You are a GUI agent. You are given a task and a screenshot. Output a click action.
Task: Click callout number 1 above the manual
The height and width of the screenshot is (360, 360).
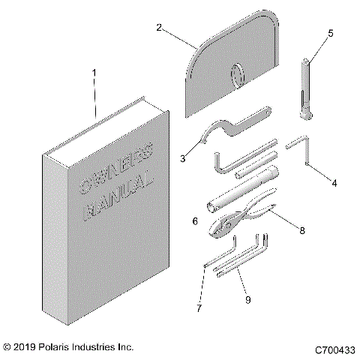click(94, 73)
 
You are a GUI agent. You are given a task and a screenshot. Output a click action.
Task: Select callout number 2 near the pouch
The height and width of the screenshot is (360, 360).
click(159, 27)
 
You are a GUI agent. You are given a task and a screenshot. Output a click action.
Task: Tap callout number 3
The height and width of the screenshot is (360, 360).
click(183, 159)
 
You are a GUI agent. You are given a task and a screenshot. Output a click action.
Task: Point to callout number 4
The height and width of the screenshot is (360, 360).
click(334, 182)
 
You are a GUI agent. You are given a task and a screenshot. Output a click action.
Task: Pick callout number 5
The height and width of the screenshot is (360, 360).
click(329, 33)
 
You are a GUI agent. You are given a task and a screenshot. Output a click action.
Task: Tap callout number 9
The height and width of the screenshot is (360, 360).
click(248, 299)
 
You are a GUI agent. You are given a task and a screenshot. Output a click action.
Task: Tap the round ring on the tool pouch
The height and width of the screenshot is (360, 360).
click(238, 74)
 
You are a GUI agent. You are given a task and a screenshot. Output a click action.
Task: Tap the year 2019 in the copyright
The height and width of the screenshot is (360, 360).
click(25, 348)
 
